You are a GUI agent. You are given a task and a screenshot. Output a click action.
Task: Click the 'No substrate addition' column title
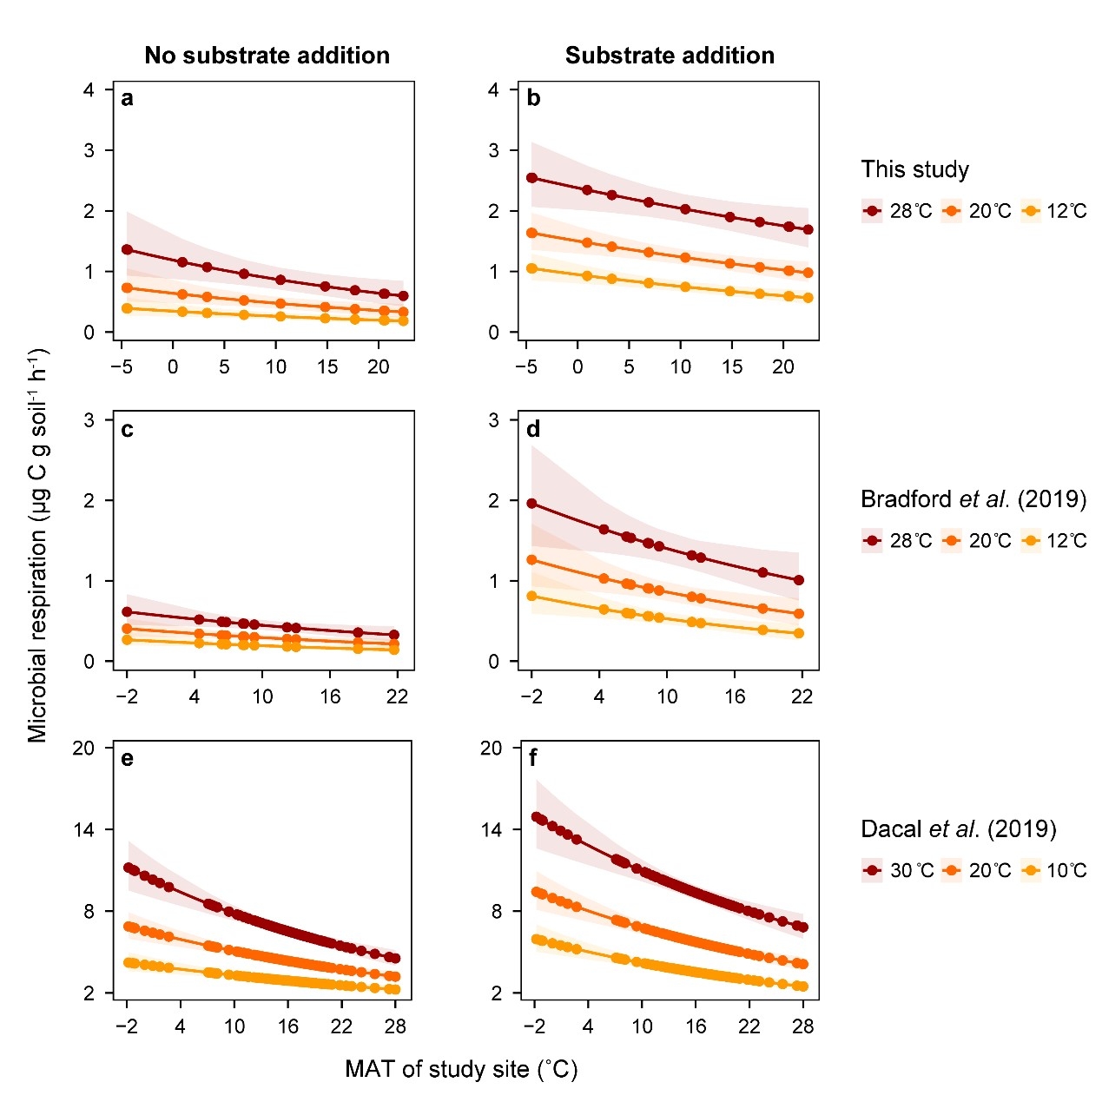pyautogui.click(x=267, y=56)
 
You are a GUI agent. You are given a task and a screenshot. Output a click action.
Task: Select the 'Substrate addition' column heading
pyautogui.click(x=670, y=56)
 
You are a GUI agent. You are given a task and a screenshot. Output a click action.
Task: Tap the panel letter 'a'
pyautogui.click(x=127, y=99)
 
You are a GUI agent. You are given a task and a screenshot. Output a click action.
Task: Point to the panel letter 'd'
pyautogui.click(x=533, y=429)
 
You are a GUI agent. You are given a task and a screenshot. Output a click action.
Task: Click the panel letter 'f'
pyautogui.click(x=532, y=759)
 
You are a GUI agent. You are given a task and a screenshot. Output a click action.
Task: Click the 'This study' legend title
pyautogui.click(x=914, y=169)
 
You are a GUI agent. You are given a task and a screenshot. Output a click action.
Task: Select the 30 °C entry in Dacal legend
pyautogui.click(x=898, y=870)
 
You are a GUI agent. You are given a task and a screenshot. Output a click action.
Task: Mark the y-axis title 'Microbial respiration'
pyautogui.click(x=37, y=545)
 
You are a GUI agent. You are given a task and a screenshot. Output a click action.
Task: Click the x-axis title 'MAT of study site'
pyautogui.click(x=461, y=1069)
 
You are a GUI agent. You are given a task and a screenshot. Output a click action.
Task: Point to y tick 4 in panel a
pyautogui.click(x=89, y=89)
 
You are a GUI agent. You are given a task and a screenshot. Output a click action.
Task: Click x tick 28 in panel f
pyautogui.click(x=803, y=1026)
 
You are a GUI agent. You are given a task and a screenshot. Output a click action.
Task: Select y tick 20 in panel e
pyautogui.click(x=83, y=748)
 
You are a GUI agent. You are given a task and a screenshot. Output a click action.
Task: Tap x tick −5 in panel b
pyautogui.click(x=526, y=366)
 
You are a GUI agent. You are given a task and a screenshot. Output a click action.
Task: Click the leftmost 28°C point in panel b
pyautogui.click(x=531, y=178)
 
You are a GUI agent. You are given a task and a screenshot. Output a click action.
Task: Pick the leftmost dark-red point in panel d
pyautogui.click(x=531, y=504)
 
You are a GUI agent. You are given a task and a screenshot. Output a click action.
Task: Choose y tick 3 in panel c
pyautogui.click(x=89, y=420)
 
